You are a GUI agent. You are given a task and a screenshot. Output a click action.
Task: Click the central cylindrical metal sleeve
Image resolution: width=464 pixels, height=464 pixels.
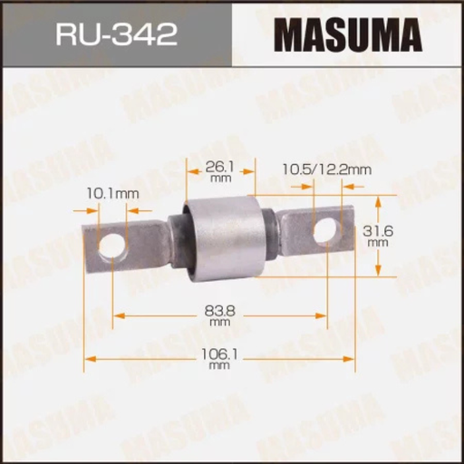(x=222, y=237)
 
